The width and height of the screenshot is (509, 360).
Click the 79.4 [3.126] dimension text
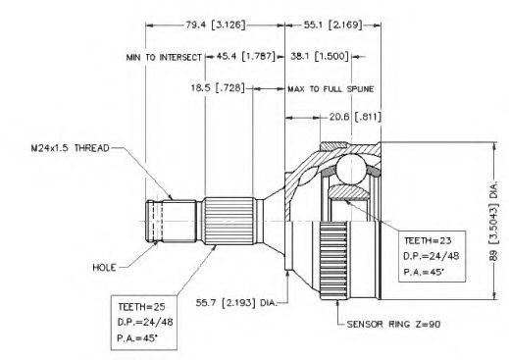click(x=216, y=25)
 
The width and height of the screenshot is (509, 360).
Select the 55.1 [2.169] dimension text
click(x=333, y=25)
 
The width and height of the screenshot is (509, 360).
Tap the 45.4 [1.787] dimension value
click(x=246, y=56)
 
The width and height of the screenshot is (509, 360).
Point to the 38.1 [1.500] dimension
click(x=320, y=56)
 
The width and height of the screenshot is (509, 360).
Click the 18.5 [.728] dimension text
click(x=218, y=88)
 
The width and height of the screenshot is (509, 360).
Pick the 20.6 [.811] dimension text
click(x=355, y=117)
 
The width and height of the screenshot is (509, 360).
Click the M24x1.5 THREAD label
click(x=71, y=148)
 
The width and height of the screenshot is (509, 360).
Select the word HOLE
click(x=104, y=268)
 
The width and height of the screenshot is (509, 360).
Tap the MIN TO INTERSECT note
click(x=164, y=58)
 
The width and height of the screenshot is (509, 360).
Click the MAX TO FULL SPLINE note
click(x=331, y=89)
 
